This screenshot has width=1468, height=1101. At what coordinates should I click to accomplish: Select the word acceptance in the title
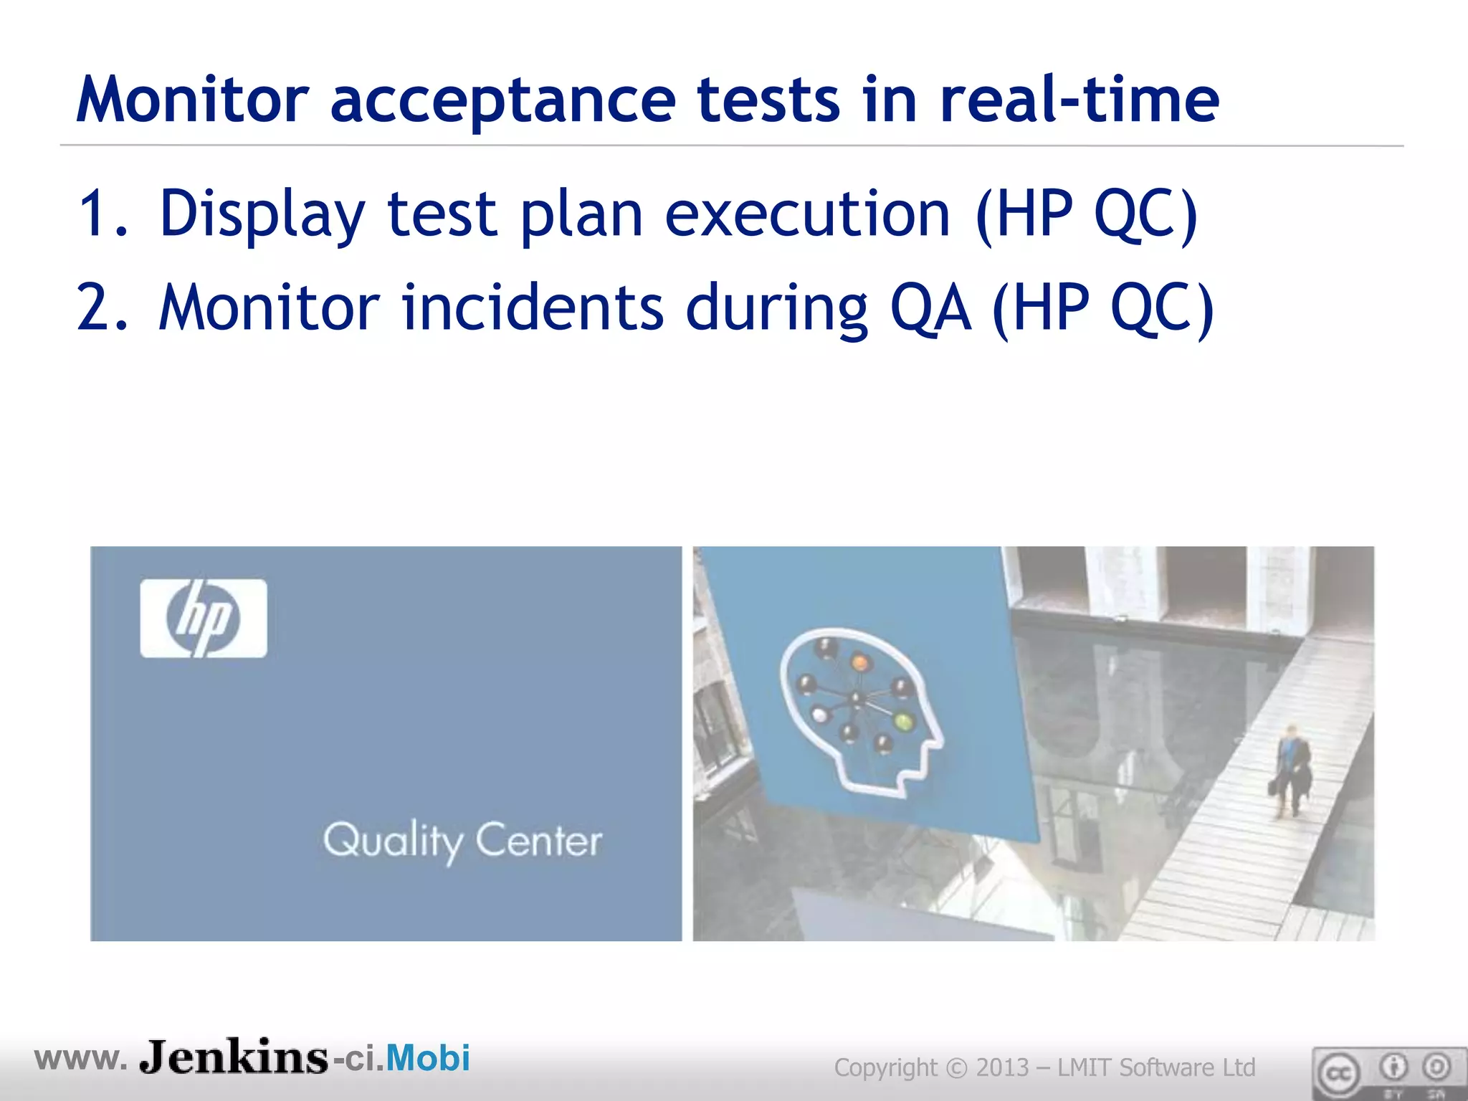click(x=502, y=100)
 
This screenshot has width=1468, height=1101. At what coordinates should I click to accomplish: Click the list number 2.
click(x=100, y=308)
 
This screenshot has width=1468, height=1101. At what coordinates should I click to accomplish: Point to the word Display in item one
click(x=262, y=214)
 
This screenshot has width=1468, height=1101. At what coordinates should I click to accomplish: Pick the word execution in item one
click(x=807, y=214)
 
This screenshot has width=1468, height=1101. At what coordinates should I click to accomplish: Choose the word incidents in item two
click(x=532, y=308)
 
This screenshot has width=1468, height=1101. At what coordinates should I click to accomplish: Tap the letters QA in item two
click(x=930, y=308)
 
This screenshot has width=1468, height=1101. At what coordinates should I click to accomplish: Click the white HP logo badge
click(x=204, y=618)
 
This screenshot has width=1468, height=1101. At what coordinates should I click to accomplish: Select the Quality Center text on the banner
click(x=462, y=841)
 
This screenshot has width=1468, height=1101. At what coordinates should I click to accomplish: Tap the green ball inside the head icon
click(x=905, y=721)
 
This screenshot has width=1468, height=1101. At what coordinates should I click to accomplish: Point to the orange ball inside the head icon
click(x=860, y=661)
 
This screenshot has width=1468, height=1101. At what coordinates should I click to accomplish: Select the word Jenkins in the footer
click(x=234, y=1058)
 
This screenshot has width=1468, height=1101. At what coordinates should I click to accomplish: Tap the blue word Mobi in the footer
click(x=428, y=1058)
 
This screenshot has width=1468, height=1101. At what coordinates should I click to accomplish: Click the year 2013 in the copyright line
click(x=1002, y=1068)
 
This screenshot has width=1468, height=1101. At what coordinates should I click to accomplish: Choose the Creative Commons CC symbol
click(x=1338, y=1073)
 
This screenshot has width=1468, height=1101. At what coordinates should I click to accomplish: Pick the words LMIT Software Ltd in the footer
click(x=1155, y=1068)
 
